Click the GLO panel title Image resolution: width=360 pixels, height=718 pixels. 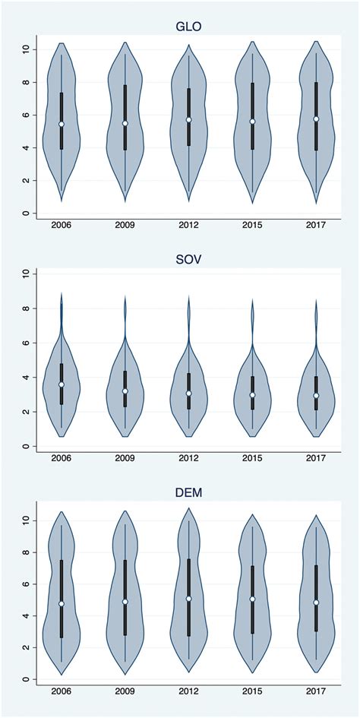click(188, 27)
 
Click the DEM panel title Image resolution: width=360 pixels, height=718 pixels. click(188, 495)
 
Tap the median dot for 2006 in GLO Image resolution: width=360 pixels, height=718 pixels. click(62, 124)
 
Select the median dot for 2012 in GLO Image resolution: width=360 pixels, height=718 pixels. click(189, 120)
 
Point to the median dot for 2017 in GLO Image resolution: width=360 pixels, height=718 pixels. click(316, 119)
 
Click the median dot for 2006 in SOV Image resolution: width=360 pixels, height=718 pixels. click(62, 384)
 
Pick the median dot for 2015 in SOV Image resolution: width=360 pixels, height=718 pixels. click(252, 395)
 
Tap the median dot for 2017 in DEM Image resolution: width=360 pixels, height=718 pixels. click(316, 603)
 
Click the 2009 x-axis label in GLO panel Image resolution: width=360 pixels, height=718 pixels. click(125, 226)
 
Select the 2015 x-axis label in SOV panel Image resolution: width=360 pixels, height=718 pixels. click(252, 458)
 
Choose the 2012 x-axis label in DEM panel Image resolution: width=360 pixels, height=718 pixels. click(189, 692)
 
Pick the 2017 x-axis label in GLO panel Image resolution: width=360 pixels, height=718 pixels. click(316, 226)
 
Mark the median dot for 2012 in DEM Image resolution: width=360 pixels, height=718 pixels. click(189, 599)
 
